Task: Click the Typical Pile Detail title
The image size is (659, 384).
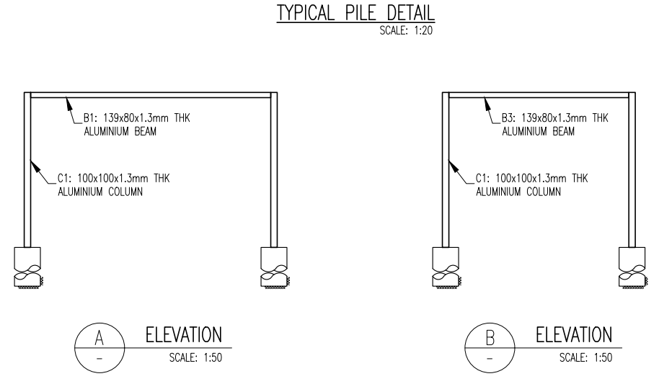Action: coord(355,12)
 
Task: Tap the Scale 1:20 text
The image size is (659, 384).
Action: coord(406,31)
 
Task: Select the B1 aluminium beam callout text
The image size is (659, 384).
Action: coord(136,125)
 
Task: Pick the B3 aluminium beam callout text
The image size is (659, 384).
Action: coord(554,125)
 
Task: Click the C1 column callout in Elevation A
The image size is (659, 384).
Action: coord(113,185)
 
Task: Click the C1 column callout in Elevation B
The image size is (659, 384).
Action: coord(531,185)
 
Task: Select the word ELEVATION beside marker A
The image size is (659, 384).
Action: coord(184,335)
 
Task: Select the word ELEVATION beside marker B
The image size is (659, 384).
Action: coord(574,335)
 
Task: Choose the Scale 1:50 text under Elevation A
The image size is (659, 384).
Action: coord(195,358)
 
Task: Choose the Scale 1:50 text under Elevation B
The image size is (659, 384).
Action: coord(585,358)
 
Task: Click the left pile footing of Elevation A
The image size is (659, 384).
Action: coord(27,267)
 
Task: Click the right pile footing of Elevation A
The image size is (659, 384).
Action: coord(275,267)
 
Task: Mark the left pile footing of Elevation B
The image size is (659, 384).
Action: coord(446,267)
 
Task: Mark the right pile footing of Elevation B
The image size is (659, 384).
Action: coord(632,267)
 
